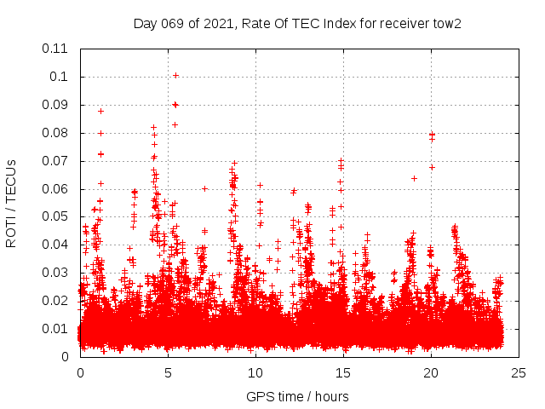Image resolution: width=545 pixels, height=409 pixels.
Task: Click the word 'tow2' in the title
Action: coord(445,23)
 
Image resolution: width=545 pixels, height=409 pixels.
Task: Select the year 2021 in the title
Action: coord(215,23)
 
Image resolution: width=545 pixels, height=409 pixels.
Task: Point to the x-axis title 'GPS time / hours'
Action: coord(297,396)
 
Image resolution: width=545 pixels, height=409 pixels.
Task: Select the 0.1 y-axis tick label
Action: coord(60,77)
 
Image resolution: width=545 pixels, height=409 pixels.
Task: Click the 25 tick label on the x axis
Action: coord(519,372)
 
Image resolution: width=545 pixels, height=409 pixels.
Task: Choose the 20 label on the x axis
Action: coord(432,372)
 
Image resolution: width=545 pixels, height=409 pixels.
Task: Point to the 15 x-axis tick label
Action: coord(344,372)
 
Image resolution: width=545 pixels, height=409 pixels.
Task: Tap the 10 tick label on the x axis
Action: coord(255,372)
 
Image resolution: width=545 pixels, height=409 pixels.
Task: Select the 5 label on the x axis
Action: coord(168,372)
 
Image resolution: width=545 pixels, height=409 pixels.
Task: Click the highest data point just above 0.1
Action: coord(175,75)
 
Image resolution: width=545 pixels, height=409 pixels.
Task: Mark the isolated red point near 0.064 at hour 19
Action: coord(414,178)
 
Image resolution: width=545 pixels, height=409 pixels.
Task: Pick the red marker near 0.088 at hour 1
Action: coord(100,111)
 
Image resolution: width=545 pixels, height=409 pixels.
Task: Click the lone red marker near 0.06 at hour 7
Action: coord(204,188)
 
